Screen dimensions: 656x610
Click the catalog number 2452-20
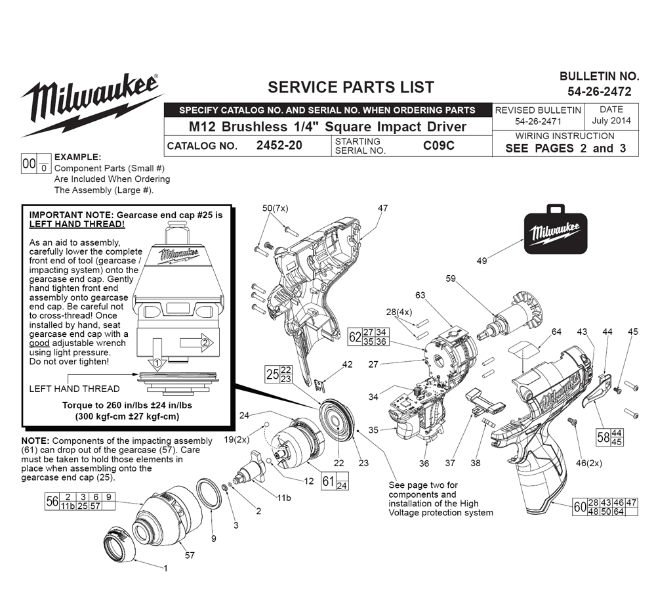click(279, 145)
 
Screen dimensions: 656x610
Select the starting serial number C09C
click(438, 145)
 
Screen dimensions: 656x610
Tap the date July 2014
click(611, 121)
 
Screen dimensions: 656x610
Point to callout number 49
click(482, 261)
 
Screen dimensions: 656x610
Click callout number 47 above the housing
click(383, 208)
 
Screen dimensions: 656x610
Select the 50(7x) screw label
click(275, 208)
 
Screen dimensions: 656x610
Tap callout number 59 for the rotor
click(451, 278)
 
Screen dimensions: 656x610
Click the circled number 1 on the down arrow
click(157, 362)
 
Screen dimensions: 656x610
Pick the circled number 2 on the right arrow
click(205, 343)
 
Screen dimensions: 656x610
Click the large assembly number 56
click(52, 501)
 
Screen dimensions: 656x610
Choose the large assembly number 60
click(580, 507)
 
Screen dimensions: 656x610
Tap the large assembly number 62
click(355, 337)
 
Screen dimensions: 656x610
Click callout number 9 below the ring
click(214, 539)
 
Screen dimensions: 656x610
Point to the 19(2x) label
click(236, 439)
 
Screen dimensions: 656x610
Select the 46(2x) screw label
click(589, 463)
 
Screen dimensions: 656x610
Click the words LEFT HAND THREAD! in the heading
click(77, 224)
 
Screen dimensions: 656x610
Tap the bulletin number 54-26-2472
click(600, 91)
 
